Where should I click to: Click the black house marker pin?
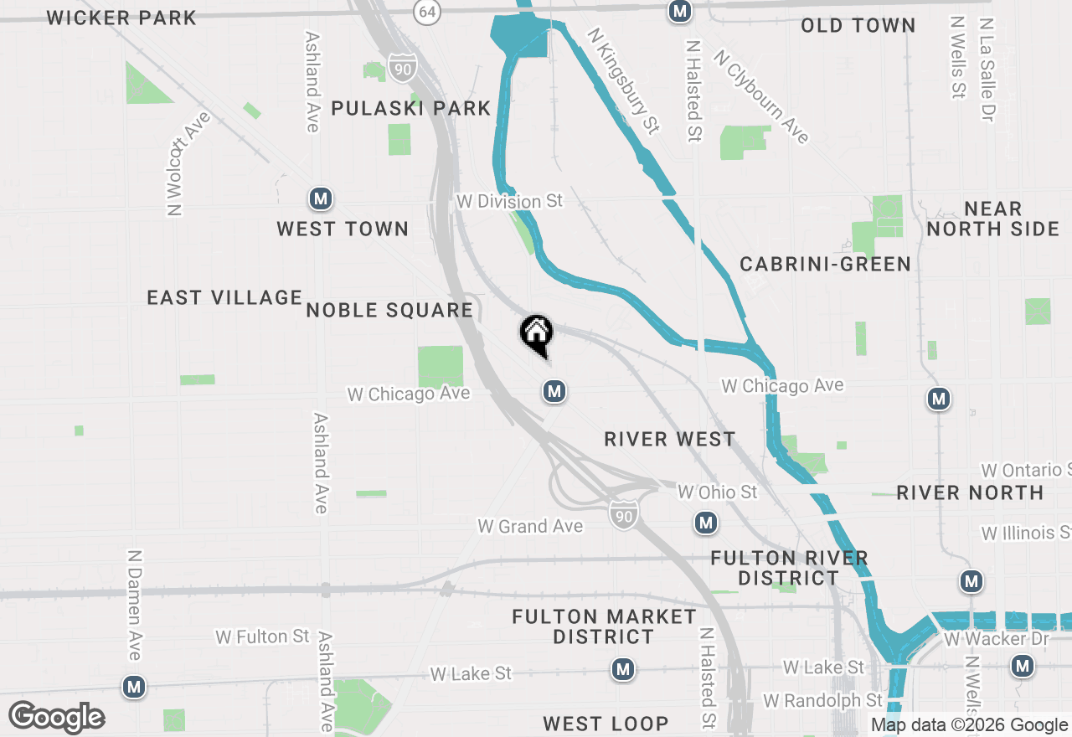click(x=537, y=333)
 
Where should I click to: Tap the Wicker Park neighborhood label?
click(x=121, y=18)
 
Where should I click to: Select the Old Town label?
click(x=858, y=26)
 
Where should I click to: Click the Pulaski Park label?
click(x=410, y=108)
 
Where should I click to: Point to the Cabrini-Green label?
click(x=825, y=265)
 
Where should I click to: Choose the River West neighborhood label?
click(x=669, y=439)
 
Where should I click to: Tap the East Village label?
click(x=224, y=297)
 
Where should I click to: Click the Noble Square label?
click(x=389, y=311)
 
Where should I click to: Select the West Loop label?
click(x=606, y=724)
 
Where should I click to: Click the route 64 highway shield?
click(x=427, y=12)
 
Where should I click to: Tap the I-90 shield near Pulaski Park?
click(x=403, y=69)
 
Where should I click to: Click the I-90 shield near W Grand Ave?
click(x=623, y=516)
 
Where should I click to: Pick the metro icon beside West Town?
click(x=320, y=199)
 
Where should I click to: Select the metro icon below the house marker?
click(x=553, y=391)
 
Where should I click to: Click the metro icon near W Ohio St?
click(x=706, y=523)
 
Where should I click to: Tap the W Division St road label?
click(x=509, y=202)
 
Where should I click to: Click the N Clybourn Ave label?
click(x=761, y=96)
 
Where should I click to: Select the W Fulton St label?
click(x=262, y=637)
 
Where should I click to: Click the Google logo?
click(x=56, y=717)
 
